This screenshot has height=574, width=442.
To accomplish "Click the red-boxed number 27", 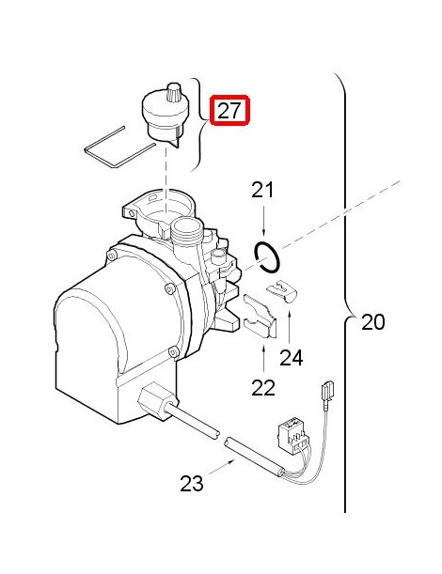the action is (x=229, y=110).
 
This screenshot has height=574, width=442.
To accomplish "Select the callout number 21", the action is (x=262, y=191).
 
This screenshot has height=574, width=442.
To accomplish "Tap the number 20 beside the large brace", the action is (x=373, y=322).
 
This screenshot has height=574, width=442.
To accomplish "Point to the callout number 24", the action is (x=292, y=358).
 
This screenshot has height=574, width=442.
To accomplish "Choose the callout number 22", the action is (x=263, y=387).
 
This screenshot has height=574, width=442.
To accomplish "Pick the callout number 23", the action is (x=192, y=483).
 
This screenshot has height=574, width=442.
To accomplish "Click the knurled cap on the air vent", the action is (x=173, y=91).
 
